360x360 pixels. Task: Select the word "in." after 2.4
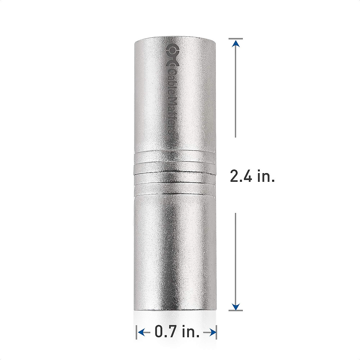click(x=266, y=176)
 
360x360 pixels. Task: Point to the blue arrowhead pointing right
click(x=213, y=324)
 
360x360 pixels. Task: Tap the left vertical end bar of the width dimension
click(x=137, y=324)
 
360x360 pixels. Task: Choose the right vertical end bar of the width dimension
click(x=216, y=324)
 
